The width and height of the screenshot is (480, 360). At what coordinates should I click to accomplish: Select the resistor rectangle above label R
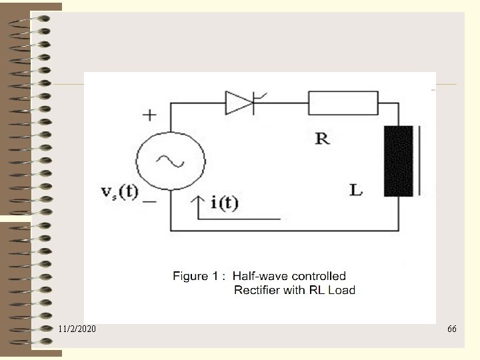tap(343, 103)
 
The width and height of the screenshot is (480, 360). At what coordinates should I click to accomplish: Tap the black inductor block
tap(398, 161)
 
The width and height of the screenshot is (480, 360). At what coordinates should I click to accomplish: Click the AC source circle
tap(170, 161)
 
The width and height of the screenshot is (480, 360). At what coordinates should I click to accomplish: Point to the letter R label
tap(322, 139)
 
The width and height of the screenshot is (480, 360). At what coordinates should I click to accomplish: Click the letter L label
tap(357, 190)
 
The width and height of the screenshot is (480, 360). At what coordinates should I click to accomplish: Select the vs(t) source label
tap(119, 193)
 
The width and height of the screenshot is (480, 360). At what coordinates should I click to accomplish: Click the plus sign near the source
tap(149, 115)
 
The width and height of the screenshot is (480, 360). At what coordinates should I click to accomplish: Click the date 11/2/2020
tap(77, 329)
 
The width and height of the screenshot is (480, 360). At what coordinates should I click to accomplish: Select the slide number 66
tap(452, 329)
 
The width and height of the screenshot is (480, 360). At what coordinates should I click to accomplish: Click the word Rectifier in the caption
tap(256, 290)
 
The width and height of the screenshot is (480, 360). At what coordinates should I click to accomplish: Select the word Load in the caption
tap(341, 290)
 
